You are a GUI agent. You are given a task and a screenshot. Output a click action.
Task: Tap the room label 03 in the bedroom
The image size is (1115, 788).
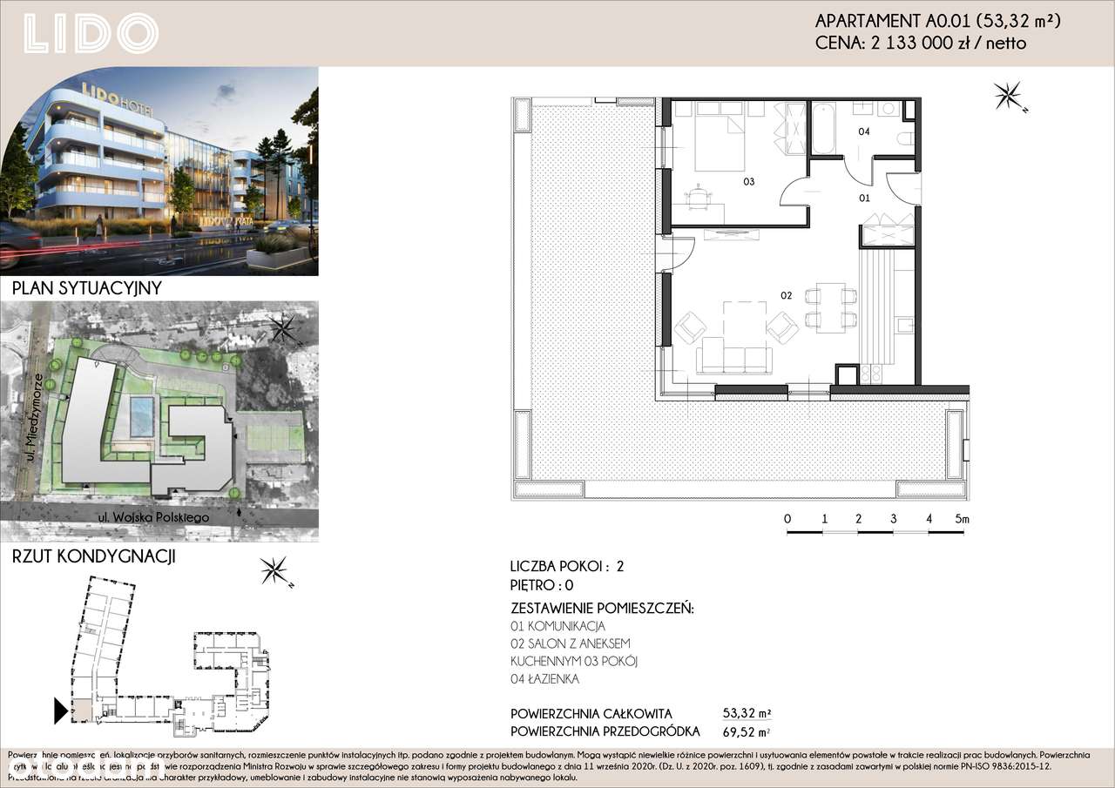pyautogui.click(x=747, y=182)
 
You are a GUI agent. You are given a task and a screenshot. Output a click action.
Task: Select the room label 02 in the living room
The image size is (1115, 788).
pyautogui.click(x=785, y=296)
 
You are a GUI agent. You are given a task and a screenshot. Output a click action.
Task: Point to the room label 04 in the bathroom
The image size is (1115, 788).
pyautogui.click(x=864, y=132)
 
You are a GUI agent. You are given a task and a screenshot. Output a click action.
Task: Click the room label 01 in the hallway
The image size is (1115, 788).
pyautogui.click(x=864, y=198)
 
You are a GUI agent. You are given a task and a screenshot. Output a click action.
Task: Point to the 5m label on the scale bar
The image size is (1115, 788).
pyautogui.click(x=961, y=519)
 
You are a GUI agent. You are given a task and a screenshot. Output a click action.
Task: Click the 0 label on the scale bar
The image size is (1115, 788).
pyautogui.click(x=787, y=519)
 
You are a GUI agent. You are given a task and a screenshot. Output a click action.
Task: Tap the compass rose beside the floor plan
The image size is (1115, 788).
pyautogui.click(x=1010, y=95)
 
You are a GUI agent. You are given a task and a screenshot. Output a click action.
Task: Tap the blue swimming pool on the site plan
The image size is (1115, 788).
pyautogui.click(x=140, y=417)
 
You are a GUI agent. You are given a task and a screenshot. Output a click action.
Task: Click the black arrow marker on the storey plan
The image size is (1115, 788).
pyautogui.click(x=60, y=711)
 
